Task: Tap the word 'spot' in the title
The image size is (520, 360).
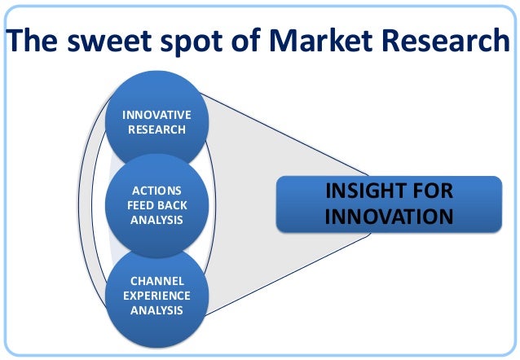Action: click(199, 41)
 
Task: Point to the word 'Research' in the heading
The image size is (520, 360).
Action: click(447, 41)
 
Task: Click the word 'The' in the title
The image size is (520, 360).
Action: click(35, 41)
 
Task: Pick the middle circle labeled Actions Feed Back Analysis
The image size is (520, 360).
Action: click(156, 204)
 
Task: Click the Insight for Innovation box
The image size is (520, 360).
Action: click(388, 204)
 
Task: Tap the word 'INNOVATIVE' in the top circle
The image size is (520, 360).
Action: click(156, 116)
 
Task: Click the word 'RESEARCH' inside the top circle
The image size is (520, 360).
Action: click(156, 130)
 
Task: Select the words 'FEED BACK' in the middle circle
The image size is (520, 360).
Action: click(156, 205)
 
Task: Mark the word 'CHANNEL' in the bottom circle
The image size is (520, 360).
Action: click(156, 282)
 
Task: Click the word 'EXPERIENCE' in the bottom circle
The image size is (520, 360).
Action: click(156, 296)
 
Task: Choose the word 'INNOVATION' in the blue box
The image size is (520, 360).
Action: click(388, 217)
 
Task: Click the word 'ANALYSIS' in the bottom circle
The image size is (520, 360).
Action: click(156, 310)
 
